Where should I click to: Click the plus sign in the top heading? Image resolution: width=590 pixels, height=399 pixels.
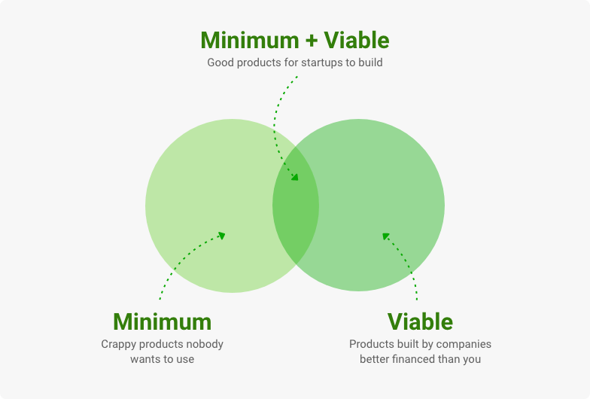(x=312, y=41)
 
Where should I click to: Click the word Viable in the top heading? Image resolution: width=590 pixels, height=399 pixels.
(x=357, y=40)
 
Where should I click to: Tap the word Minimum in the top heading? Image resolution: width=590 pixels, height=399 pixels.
(x=250, y=40)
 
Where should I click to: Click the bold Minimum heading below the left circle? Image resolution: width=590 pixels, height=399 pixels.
(x=163, y=322)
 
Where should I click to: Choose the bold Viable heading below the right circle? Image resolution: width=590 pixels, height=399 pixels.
(x=420, y=322)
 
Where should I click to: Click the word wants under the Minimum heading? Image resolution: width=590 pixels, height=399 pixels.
(x=143, y=359)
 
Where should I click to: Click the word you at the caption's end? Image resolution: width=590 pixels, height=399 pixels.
(x=472, y=360)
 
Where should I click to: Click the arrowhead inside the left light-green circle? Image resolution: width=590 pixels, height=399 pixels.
(x=221, y=236)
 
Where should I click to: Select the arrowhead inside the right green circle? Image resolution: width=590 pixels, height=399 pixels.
(x=385, y=236)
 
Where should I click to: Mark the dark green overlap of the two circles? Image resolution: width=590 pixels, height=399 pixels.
(x=296, y=206)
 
